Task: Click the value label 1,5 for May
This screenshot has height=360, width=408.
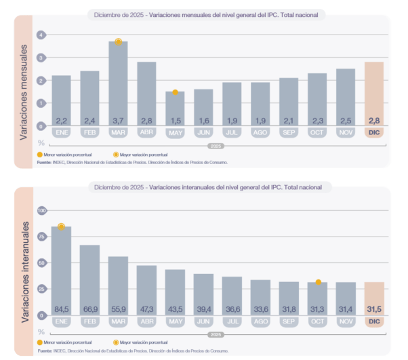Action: coord(175,120)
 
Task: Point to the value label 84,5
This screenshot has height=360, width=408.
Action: coord(61,309)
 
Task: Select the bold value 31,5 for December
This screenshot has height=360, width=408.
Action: coord(374,309)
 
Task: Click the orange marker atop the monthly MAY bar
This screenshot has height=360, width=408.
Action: coord(175,92)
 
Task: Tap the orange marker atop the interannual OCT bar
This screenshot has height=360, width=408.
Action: coord(318,282)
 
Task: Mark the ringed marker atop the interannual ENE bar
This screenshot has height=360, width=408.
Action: coord(61,226)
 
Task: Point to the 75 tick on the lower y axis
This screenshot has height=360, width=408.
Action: coord(41,237)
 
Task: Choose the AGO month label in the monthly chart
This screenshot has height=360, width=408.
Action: coord(260,132)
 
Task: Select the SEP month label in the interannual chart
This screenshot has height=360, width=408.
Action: coord(289,321)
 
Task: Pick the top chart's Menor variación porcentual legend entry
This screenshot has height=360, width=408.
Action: coord(64,155)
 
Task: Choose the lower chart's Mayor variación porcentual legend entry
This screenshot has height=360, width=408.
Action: coord(144,344)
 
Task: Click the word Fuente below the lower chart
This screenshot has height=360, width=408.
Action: coord(45,351)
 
